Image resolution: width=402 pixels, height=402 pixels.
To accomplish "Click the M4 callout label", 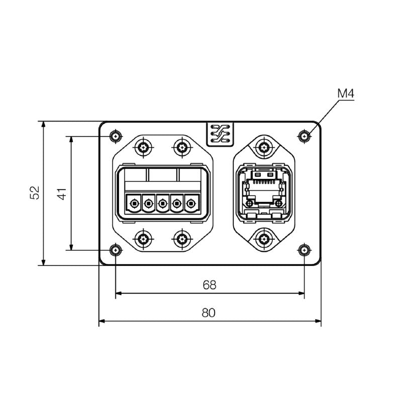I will tap(346, 93).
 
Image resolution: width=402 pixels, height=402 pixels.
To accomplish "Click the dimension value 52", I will tap(35, 193).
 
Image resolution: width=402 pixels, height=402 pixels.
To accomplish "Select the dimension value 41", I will tap(62, 193).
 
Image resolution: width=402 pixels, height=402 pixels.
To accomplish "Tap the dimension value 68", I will tap(210, 285).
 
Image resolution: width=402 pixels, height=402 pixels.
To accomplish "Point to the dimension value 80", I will tap(209, 312).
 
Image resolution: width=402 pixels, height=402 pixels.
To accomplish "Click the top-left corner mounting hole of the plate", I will tap(116, 136).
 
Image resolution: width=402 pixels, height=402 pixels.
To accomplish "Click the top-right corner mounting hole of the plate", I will tap(303, 136).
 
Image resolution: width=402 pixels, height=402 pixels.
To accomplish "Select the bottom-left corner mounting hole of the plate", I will tap(116, 249).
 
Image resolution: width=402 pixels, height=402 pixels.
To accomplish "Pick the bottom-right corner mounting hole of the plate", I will tap(303, 249).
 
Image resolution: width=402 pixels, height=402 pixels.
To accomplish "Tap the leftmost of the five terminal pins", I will tap(134, 204).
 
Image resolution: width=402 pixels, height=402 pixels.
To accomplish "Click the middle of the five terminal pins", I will tap(162, 204).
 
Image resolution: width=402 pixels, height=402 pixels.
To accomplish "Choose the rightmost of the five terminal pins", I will tap(191, 204).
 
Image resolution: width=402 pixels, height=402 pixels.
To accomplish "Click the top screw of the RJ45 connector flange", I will tap(263, 148).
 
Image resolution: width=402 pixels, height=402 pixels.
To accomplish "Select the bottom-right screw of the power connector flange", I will tap(181, 238).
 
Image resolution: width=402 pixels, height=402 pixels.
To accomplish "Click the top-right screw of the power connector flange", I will tap(181, 148).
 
